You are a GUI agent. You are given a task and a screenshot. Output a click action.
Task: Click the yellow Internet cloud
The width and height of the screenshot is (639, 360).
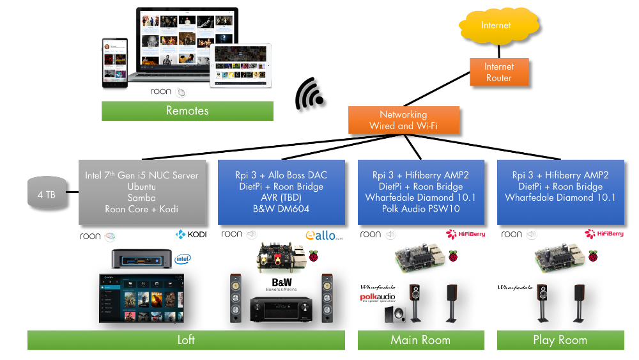496,26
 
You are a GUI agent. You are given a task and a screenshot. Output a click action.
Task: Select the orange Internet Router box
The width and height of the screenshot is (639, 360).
499,72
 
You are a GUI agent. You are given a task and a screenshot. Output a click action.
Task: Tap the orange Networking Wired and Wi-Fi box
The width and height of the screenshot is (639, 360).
404,120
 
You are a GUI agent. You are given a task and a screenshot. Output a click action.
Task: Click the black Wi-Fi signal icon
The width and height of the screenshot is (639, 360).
309,94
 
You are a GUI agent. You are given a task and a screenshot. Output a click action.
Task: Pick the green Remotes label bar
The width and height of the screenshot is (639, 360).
187,111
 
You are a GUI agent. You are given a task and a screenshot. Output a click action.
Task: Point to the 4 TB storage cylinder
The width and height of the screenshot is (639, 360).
47,194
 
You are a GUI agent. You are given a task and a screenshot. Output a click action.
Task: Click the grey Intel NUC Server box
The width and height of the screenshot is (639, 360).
142,192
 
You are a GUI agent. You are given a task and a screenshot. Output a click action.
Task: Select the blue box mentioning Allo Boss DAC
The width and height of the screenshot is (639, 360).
281,192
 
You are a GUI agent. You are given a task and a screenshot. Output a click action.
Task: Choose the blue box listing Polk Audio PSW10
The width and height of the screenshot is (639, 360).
420,192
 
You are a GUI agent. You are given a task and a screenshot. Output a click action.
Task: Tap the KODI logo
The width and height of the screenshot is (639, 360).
191,235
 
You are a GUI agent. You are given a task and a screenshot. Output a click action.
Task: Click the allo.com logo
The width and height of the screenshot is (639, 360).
324,235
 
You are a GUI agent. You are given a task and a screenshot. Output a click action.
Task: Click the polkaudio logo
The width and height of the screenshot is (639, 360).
378,297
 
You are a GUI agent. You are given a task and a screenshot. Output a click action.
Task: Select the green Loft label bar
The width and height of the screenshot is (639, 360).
186,340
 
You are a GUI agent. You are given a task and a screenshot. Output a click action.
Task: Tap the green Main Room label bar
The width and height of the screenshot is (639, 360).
420,340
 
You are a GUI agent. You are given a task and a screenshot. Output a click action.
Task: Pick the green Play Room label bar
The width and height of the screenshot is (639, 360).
560,340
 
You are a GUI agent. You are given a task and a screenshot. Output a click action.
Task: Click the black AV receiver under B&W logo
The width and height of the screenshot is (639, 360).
281,308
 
